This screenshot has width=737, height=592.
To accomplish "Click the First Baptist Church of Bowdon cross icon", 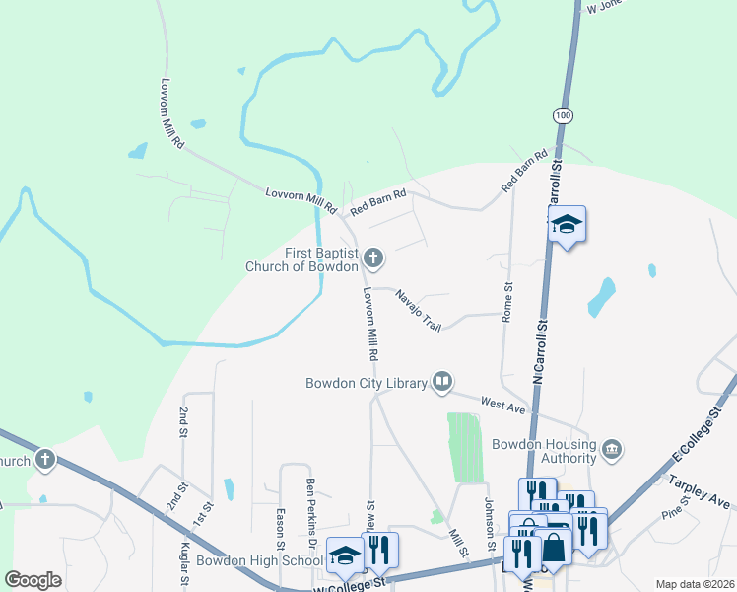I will (372, 259).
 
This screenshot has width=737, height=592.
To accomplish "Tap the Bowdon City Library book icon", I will (443, 382).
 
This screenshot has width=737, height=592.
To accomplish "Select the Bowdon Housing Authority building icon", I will (612, 450).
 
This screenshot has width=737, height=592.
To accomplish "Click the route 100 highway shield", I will (562, 116).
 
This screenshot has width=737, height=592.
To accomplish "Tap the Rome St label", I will (508, 302).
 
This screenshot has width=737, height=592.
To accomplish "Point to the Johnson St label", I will (489, 523).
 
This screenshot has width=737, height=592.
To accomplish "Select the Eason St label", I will (281, 531).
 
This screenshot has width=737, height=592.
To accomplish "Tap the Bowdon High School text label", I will (259, 560).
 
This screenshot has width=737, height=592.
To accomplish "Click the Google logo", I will (33, 579).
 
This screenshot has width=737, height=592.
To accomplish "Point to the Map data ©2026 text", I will (694, 584).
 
